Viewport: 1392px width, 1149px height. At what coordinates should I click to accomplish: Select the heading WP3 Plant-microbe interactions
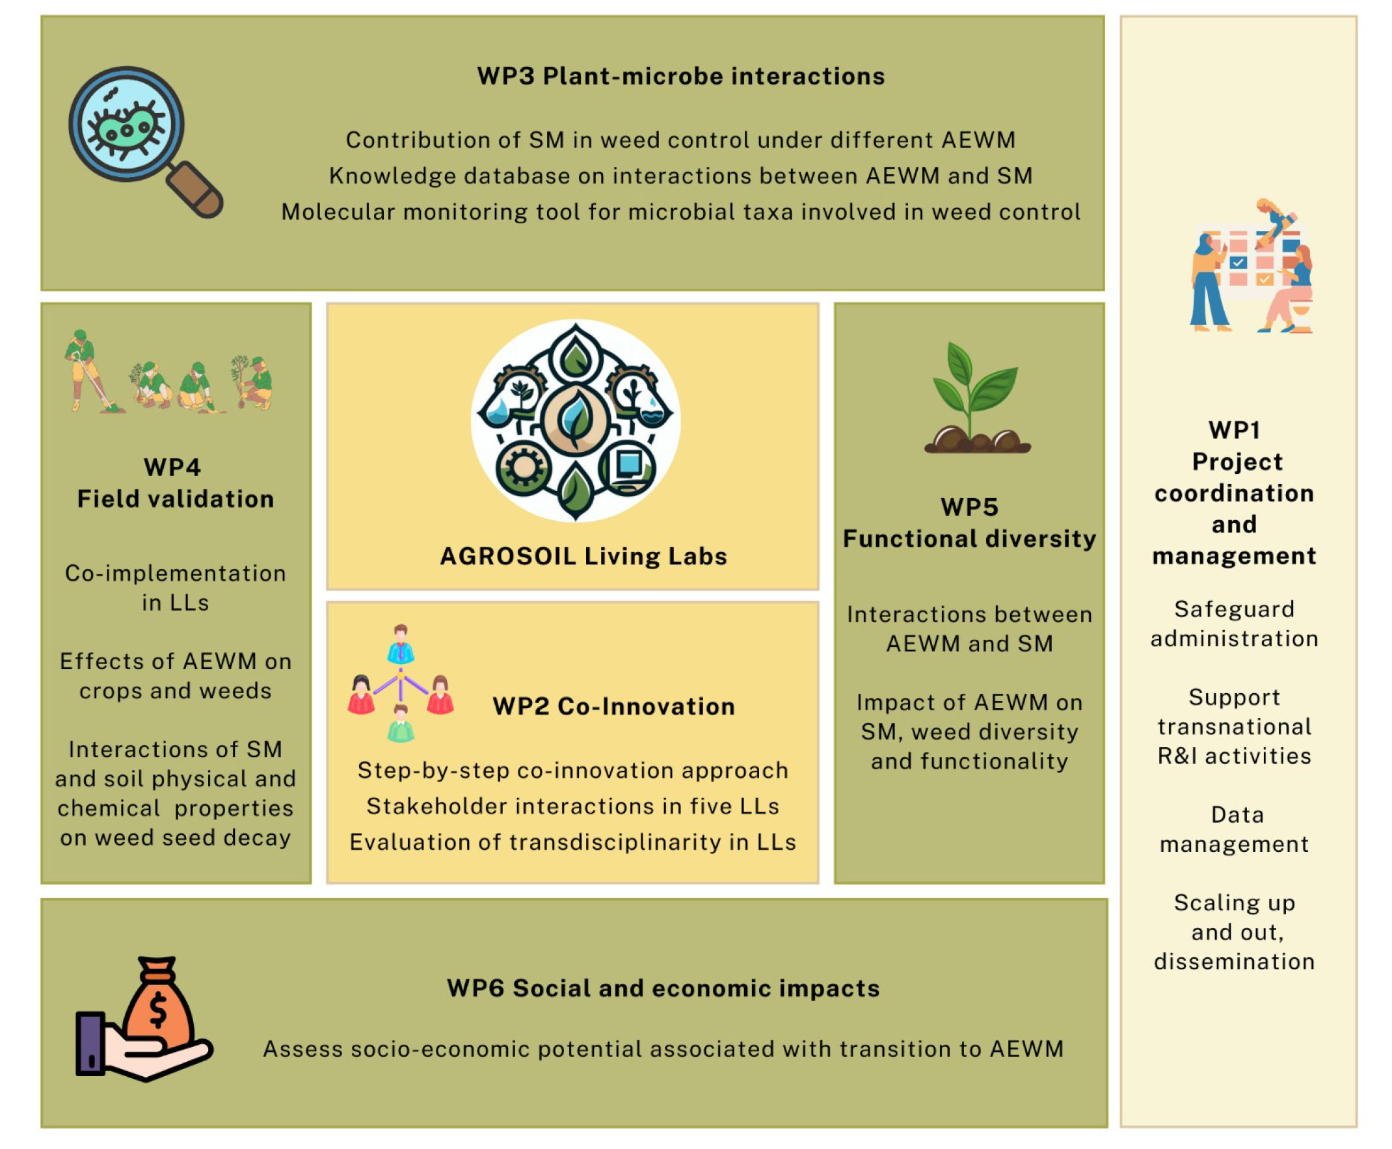680,76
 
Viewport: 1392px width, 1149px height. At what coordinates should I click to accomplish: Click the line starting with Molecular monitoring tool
680,212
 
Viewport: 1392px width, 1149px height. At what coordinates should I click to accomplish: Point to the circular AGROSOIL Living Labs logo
574,421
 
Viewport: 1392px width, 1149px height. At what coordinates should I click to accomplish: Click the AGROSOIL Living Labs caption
583,556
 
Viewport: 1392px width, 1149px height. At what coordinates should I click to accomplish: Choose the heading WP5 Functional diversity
969,523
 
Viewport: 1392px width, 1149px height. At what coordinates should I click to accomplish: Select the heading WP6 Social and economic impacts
663,988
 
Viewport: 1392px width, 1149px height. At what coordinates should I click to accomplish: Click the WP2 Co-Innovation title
613,706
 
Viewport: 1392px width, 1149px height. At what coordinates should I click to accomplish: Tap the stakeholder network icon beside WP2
401,683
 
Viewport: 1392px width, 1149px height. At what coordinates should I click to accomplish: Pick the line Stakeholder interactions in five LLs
572,806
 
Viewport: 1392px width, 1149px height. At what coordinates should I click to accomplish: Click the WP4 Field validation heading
176,483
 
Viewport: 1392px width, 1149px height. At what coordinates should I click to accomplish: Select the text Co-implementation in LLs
176,588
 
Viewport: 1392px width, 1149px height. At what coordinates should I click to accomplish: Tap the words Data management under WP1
1234,829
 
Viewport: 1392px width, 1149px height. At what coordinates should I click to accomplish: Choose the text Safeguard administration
1234,624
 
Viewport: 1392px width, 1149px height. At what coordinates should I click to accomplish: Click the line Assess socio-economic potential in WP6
663,1049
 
